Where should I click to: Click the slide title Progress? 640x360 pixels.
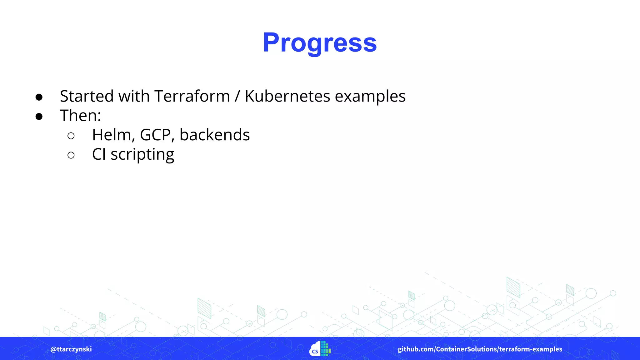pyautogui.click(x=320, y=43)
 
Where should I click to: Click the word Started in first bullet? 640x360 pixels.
pyautogui.click(x=87, y=96)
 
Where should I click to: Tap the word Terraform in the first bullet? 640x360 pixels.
pyautogui.click(x=192, y=96)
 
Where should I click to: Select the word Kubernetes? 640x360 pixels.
pyautogui.click(x=287, y=96)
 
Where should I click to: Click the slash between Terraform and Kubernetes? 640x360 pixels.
pyautogui.click(x=237, y=96)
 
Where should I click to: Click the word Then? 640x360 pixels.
pyautogui.click(x=80, y=116)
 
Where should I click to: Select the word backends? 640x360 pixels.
pyautogui.click(x=214, y=135)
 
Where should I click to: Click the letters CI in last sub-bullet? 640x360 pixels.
pyautogui.click(x=99, y=154)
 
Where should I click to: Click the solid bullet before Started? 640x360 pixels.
pyautogui.click(x=39, y=97)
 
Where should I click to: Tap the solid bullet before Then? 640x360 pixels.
pyautogui.click(x=39, y=117)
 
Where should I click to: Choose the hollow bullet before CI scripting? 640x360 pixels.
pyautogui.click(x=71, y=155)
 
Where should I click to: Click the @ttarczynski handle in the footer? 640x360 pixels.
pyautogui.click(x=71, y=349)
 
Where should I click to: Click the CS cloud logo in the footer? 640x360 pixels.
pyautogui.click(x=320, y=349)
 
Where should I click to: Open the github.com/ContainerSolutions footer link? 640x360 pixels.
pyautogui.click(x=480, y=349)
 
